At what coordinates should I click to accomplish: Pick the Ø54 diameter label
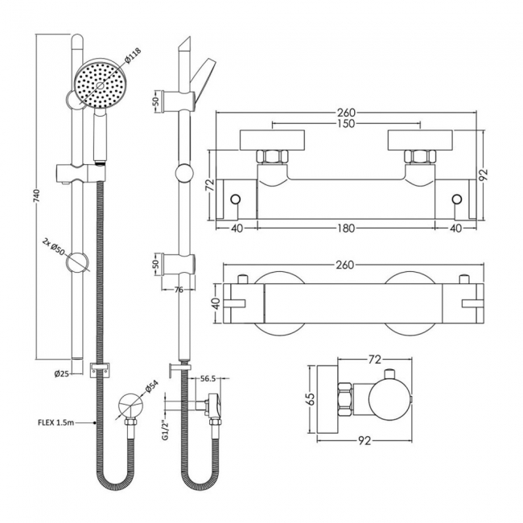click(x=151, y=389)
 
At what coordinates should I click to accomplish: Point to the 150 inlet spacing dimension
click(x=346, y=124)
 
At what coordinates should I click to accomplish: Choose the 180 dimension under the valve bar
click(x=346, y=230)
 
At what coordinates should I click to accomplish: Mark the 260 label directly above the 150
click(x=346, y=113)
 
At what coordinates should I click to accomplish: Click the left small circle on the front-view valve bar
click(x=236, y=200)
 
